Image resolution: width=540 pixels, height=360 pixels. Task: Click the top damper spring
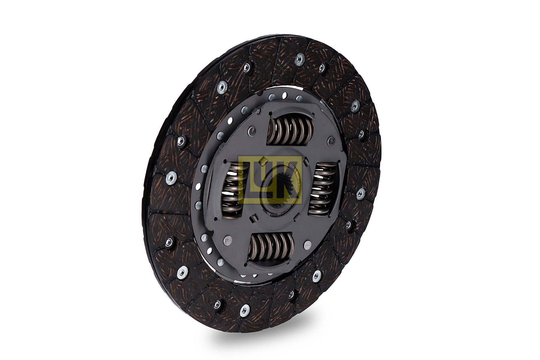pyautogui.click(x=290, y=130)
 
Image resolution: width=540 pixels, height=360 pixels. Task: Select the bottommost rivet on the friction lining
pyautogui.click(x=244, y=310)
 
